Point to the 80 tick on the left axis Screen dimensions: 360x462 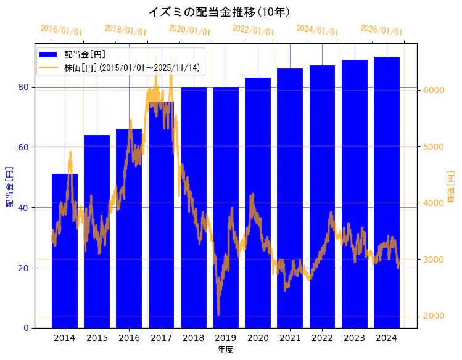(23, 87)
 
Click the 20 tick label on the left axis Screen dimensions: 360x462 (23, 268)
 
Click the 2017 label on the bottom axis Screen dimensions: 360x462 (161, 338)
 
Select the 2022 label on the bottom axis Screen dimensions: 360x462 (322, 338)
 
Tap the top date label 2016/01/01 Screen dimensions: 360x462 (61, 30)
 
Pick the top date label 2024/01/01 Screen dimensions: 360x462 (317, 30)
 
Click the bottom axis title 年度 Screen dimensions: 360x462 (225, 350)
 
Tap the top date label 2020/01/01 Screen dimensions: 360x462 (189, 30)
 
